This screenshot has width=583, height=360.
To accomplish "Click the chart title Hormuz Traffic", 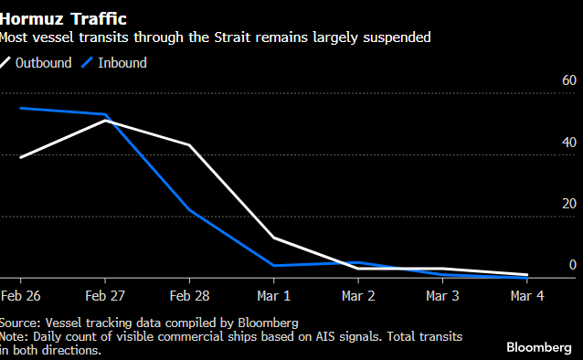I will [x=64, y=17].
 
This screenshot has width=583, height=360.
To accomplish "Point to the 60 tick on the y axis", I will [x=568, y=82].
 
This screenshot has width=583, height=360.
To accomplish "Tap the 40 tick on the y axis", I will [x=568, y=143].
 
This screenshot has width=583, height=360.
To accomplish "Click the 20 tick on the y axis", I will [x=568, y=204].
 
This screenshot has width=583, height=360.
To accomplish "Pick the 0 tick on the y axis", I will [x=573, y=265].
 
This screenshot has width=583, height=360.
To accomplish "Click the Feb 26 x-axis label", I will [x=19, y=296].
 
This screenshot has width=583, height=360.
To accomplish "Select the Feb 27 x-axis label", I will [x=104, y=296].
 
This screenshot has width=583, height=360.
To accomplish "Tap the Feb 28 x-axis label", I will [x=189, y=296].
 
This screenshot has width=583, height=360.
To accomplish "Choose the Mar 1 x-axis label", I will [x=274, y=296].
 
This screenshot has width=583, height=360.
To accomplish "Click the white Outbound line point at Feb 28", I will [x=189, y=145].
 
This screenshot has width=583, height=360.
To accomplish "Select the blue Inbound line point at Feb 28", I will [x=189, y=209].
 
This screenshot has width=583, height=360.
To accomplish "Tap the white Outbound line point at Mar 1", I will [x=274, y=238].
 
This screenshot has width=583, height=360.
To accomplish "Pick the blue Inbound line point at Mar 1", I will [x=274, y=266].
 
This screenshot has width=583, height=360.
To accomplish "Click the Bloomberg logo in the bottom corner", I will [x=539, y=347].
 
